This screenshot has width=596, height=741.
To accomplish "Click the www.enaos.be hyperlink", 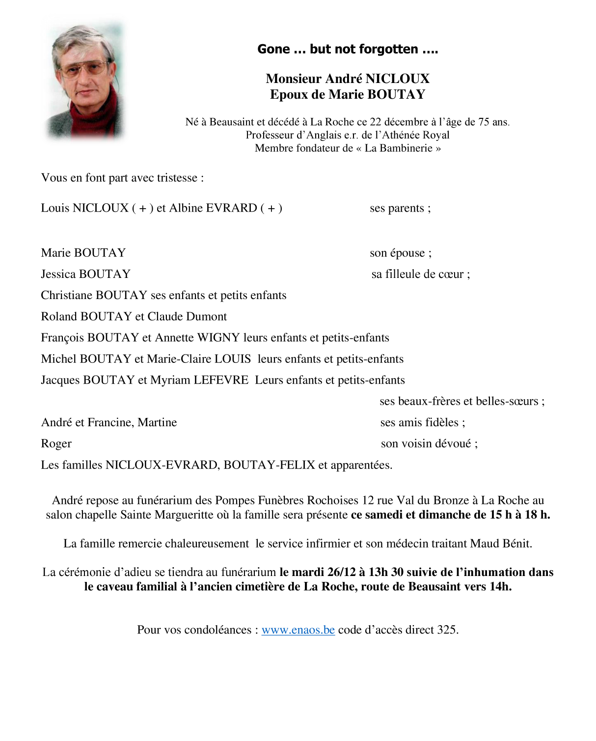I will click(298, 630).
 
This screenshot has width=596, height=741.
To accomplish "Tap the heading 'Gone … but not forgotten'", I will click(347, 49).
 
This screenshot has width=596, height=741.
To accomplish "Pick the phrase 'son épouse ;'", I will click(401, 253).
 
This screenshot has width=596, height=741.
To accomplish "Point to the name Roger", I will click(56, 444).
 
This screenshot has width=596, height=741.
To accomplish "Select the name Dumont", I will click(207, 317).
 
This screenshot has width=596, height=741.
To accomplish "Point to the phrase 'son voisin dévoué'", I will click(426, 444).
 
